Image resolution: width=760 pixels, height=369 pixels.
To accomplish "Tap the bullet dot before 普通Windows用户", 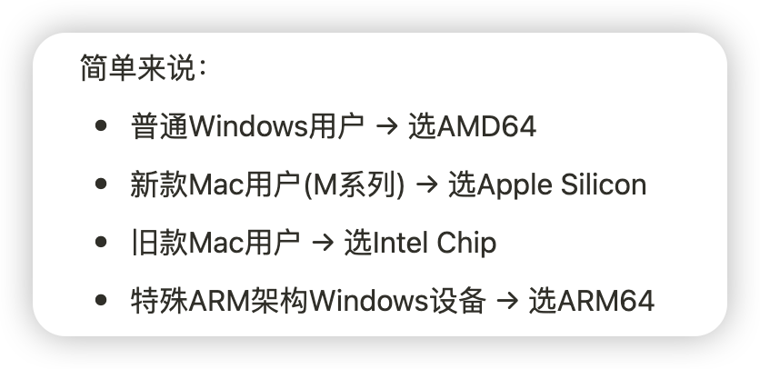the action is point(101,126).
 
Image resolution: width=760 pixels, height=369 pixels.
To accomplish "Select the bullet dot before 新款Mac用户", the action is point(101,184).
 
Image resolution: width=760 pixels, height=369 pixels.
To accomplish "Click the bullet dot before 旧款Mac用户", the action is point(101,242).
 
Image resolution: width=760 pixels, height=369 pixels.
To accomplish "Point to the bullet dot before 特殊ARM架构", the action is point(101,300).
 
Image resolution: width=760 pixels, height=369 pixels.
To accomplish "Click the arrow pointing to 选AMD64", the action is point(386,127).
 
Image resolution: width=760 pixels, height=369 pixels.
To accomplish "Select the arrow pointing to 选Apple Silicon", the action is point(427,185).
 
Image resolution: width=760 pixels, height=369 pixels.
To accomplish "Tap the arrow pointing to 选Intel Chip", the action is point(323,243).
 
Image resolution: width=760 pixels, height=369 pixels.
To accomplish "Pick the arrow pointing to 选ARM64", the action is point(507,301).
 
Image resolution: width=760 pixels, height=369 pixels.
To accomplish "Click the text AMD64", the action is point(486,127).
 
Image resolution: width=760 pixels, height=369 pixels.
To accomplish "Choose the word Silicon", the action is point(604,184).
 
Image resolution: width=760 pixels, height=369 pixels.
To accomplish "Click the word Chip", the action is point(466,244).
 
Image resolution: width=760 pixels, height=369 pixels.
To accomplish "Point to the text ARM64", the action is point(605,301).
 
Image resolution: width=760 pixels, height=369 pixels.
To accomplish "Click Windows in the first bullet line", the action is point(248,127).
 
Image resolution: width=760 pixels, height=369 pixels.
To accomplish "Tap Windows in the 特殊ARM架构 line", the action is point(368,301).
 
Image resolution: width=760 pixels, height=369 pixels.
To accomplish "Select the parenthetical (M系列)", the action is point(354,185).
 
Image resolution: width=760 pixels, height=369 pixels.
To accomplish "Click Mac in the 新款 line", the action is point(216,184).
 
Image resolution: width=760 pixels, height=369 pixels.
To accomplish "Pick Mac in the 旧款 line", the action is point(216,243).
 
